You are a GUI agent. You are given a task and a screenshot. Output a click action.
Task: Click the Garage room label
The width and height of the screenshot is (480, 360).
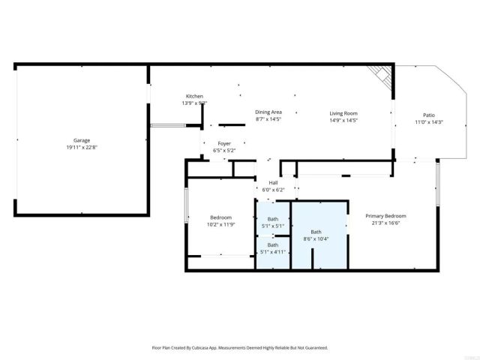click(x=82, y=140)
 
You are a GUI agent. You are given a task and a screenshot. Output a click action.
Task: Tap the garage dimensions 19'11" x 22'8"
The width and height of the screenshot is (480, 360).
click(x=82, y=147)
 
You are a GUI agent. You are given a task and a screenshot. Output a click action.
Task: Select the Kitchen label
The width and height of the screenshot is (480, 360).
click(x=194, y=96)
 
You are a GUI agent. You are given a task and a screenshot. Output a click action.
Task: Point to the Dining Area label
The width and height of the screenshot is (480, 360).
click(x=268, y=112)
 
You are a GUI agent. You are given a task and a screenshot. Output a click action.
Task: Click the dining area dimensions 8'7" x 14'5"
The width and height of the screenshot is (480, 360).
click(x=268, y=118)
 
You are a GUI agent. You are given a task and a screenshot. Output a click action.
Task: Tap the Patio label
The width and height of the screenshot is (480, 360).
click(x=429, y=115)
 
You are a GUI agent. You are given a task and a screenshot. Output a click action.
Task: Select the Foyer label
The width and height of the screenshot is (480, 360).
click(x=224, y=143)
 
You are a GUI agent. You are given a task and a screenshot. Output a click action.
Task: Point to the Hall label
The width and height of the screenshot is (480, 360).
click(x=273, y=182)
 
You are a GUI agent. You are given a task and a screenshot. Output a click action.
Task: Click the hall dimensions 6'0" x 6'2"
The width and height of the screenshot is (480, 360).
click(x=273, y=189)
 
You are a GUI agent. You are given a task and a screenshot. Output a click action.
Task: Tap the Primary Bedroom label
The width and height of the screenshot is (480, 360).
click(x=385, y=216)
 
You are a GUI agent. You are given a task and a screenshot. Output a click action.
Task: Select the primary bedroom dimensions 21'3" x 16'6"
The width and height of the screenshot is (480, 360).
click(x=385, y=223)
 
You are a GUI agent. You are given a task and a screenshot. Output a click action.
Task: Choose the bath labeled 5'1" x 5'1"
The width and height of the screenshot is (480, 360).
click(x=273, y=222)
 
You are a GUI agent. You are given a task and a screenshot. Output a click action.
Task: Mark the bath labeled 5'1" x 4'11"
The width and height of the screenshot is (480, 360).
click(x=273, y=248)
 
